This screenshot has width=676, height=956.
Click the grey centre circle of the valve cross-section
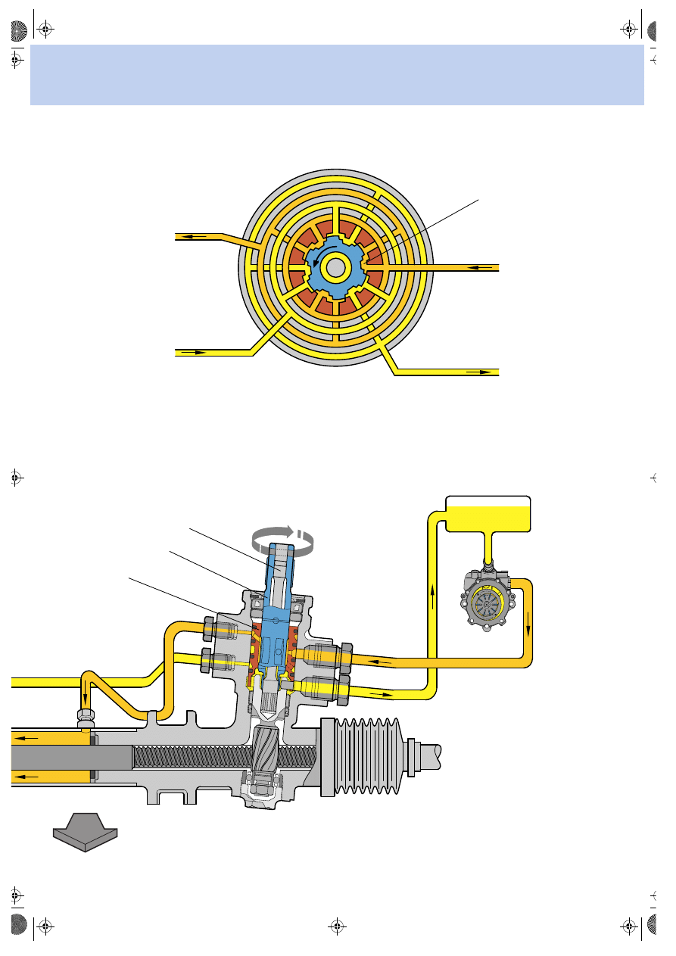click(x=334, y=266)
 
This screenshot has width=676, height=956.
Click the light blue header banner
click(x=337, y=74)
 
